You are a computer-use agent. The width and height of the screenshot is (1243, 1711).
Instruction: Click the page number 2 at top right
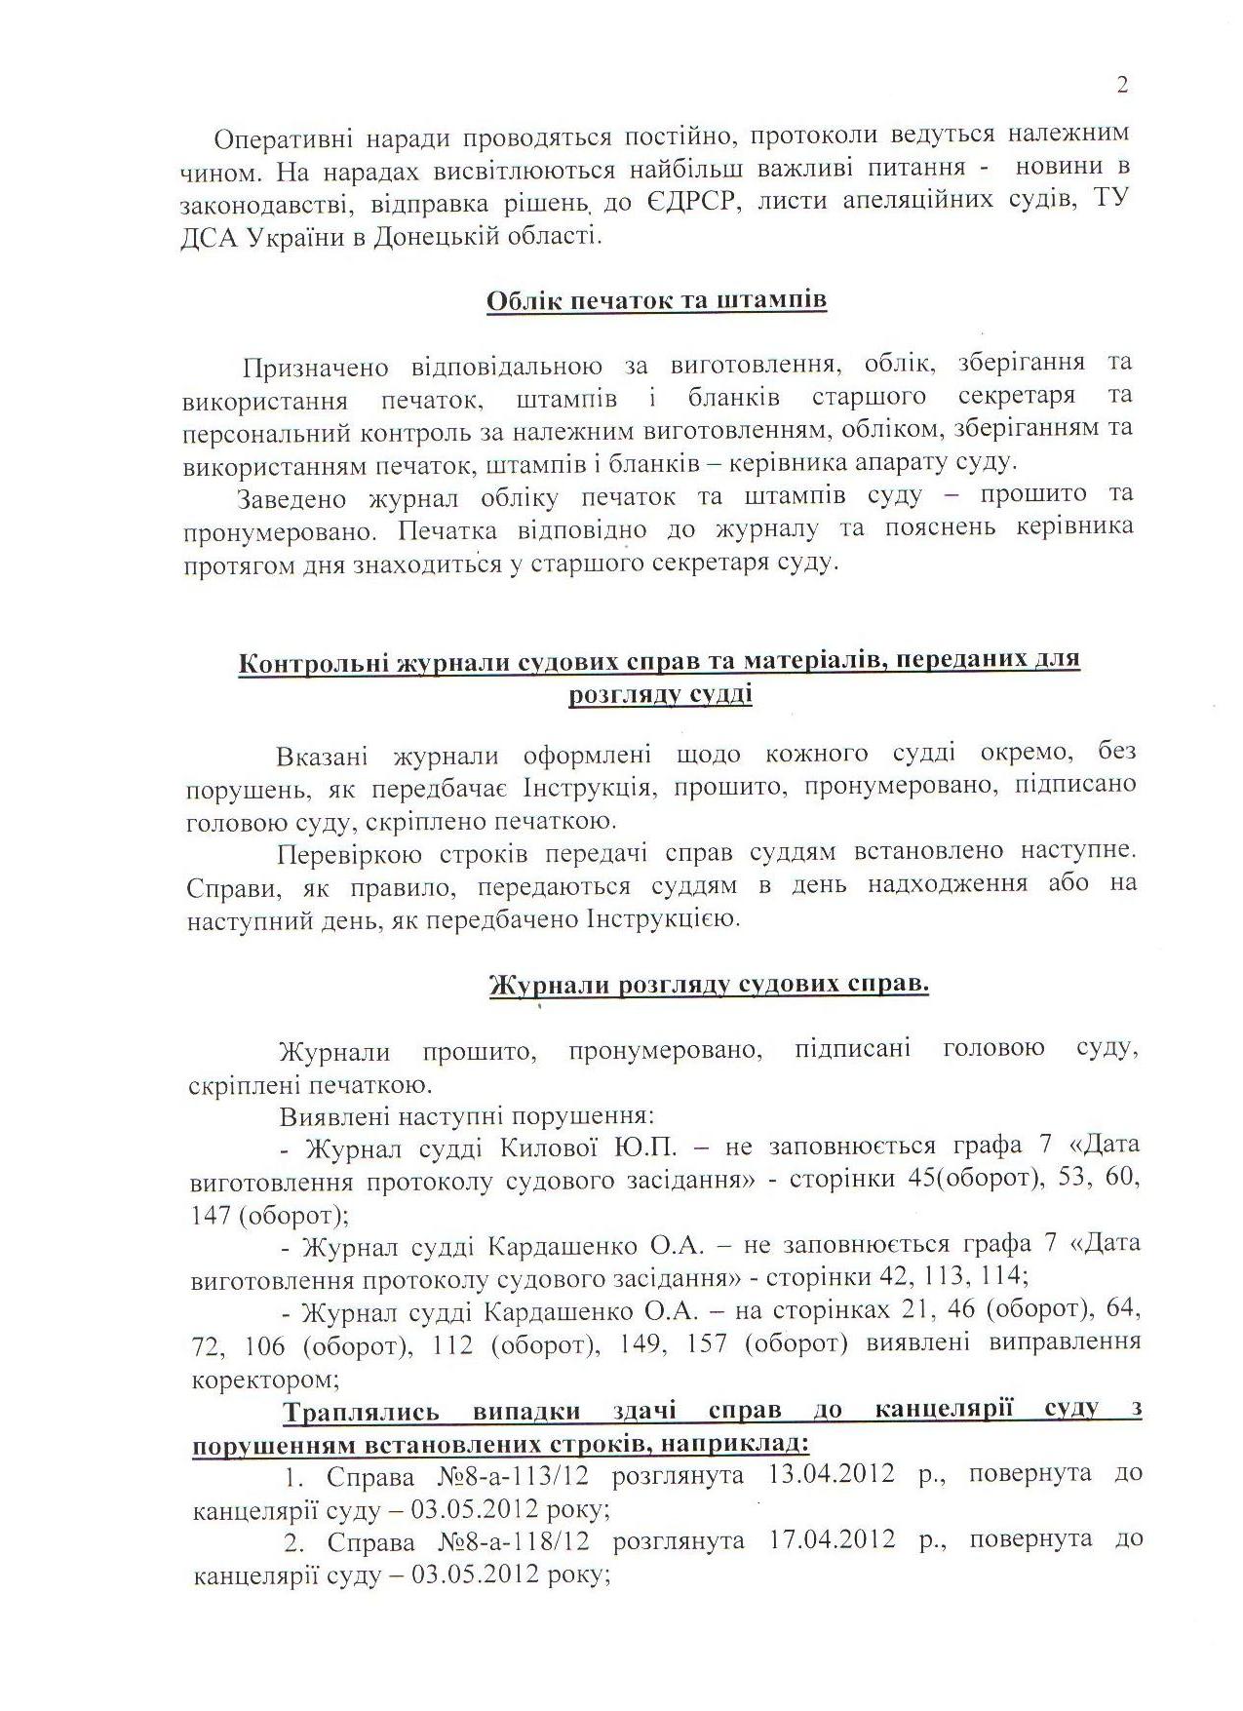click(1122, 86)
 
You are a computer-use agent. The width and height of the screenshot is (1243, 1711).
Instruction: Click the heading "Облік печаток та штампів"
click(656, 299)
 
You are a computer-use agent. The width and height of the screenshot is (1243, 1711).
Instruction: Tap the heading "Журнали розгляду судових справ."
click(708, 985)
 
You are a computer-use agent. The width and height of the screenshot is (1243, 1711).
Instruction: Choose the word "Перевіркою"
click(349, 853)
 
